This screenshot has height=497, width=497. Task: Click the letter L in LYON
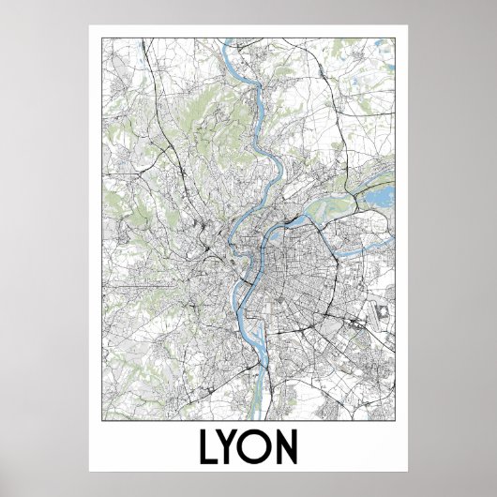[x=209, y=447]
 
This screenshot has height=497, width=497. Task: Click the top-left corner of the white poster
[x=90, y=25]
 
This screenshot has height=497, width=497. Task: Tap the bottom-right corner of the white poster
[x=408, y=471]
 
